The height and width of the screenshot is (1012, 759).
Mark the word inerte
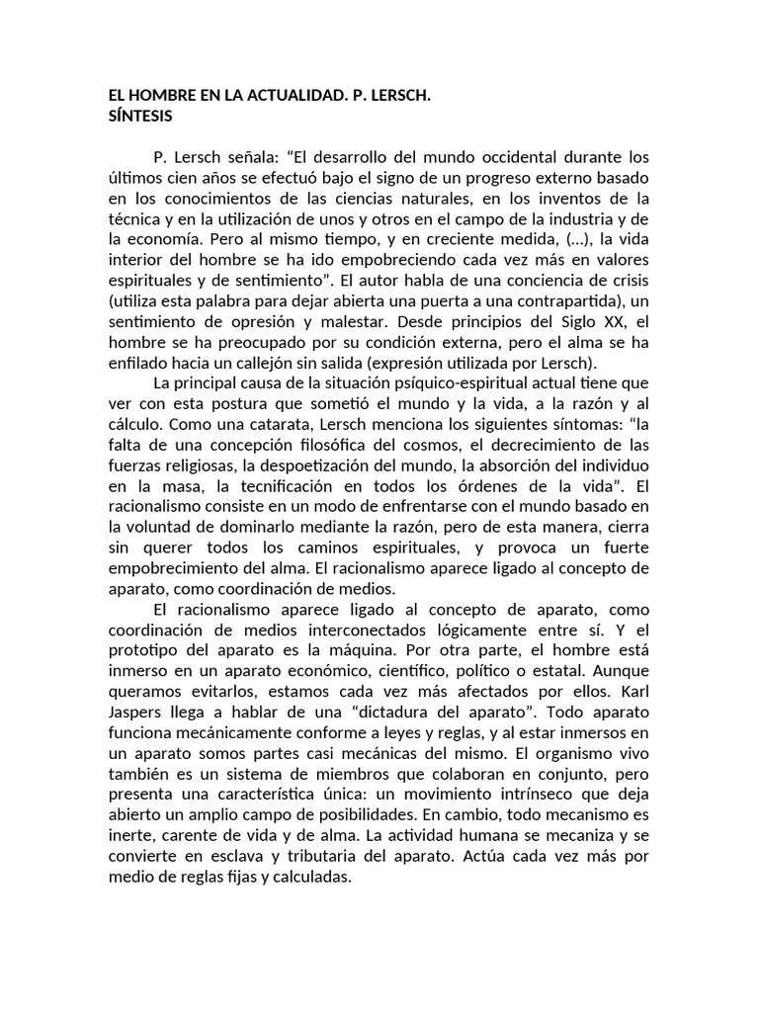coord(129,836)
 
